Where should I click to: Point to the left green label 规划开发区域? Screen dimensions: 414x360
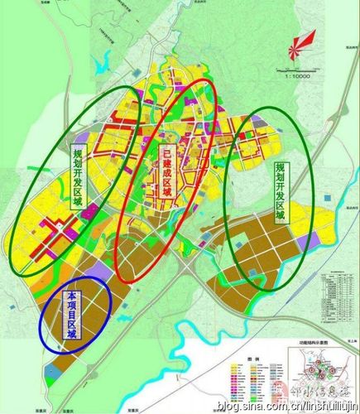click(77, 177)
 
